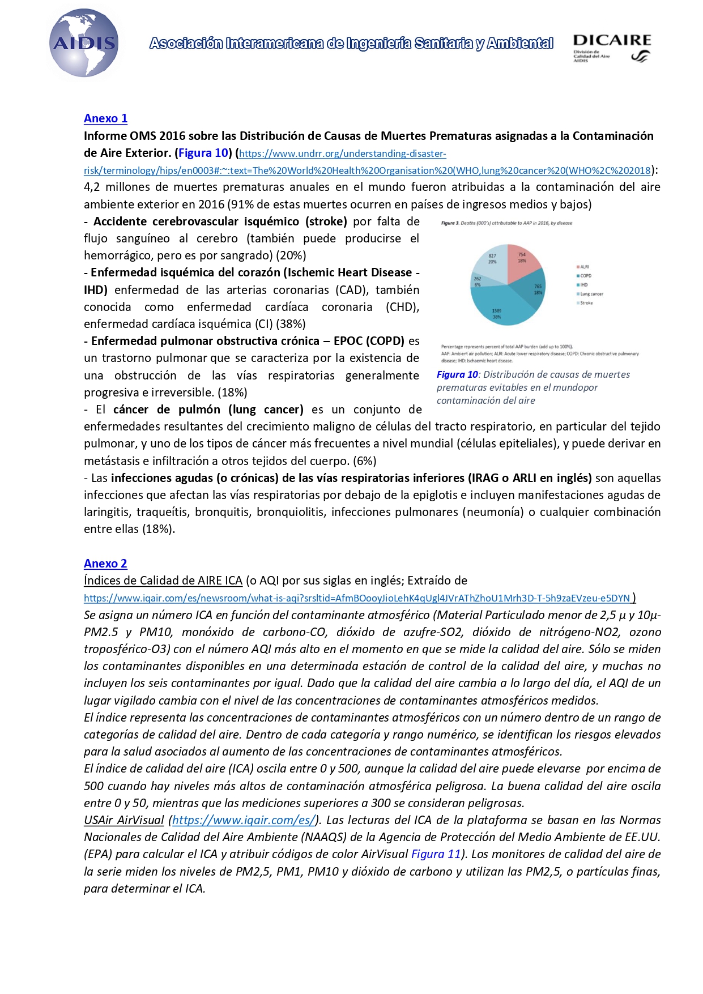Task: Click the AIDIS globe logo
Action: click(x=84, y=43)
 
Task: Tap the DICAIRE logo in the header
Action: click(x=612, y=48)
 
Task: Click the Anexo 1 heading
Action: click(x=105, y=118)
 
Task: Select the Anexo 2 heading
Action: click(x=105, y=564)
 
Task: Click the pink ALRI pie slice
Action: click(x=521, y=261)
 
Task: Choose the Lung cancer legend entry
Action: click(x=591, y=294)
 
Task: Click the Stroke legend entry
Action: click(x=586, y=303)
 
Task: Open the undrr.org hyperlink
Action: click(x=343, y=154)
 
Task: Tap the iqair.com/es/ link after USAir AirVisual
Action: click(x=243, y=820)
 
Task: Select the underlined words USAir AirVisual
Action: click(x=123, y=820)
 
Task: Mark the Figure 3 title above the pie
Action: click(x=506, y=223)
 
